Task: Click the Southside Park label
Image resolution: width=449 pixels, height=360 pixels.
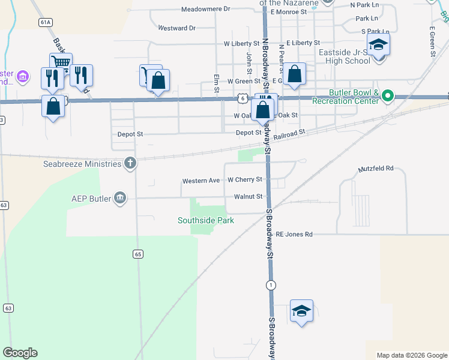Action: tap(205, 220)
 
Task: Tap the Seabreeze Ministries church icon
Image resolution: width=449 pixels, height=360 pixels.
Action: tap(130, 163)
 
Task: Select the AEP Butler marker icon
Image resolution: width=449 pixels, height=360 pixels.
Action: tap(120, 198)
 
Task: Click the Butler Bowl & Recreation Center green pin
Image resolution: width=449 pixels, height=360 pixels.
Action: tap(388, 95)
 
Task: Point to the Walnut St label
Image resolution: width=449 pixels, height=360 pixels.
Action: tap(248, 196)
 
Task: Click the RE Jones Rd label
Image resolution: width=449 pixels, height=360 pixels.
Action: tap(294, 234)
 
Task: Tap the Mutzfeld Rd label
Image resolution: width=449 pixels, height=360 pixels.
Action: tap(376, 169)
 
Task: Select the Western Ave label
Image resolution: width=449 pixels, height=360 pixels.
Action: tap(201, 181)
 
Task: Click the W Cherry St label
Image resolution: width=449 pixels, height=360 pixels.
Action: tap(245, 179)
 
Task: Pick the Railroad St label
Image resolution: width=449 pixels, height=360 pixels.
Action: tap(289, 135)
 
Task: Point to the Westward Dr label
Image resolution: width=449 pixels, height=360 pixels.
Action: tap(177, 28)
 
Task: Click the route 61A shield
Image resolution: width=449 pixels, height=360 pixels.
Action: tap(44, 22)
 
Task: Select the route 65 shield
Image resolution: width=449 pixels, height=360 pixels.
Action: tap(138, 254)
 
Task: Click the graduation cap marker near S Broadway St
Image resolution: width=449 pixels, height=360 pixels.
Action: tap(301, 310)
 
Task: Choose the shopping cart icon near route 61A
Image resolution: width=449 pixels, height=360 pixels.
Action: tap(61, 62)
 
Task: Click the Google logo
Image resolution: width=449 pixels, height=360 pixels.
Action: tap(20, 353)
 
